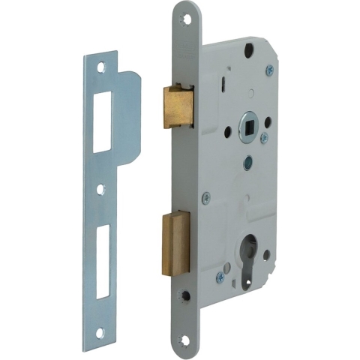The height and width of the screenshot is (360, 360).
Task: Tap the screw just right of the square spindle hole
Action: pyautogui.click(x=263, y=139)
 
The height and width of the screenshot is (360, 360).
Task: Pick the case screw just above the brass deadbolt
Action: pyautogui.click(x=205, y=197)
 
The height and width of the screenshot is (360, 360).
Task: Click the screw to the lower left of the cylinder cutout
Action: pyautogui.click(x=220, y=277)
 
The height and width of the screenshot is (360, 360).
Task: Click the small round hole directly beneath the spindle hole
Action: pyautogui.click(x=247, y=160)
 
